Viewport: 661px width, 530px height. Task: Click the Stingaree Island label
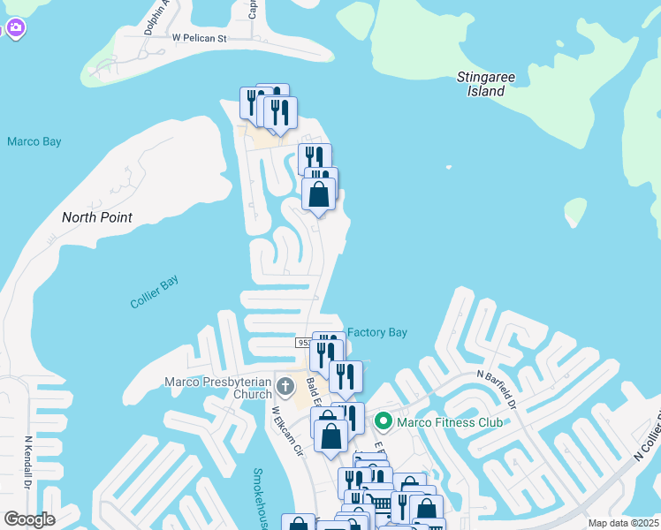[x=486, y=84]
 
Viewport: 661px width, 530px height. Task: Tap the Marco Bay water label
[x=34, y=141]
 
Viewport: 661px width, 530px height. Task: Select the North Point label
[x=97, y=217]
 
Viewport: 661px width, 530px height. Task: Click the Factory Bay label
[x=377, y=332]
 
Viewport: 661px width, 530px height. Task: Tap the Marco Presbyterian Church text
[x=218, y=388]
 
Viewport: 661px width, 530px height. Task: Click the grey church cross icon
[x=285, y=386]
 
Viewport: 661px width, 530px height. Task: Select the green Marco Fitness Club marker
[x=384, y=421]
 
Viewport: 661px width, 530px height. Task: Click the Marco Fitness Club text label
[x=450, y=422]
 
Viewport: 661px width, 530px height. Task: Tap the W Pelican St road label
[x=200, y=38]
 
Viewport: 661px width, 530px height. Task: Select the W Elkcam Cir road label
[x=287, y=430]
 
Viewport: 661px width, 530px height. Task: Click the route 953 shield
[x=304, y=343]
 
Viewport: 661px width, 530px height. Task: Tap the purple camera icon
[x=15, y=28]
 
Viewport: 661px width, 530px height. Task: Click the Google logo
[x=29, y=519]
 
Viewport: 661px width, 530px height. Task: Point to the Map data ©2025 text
[x=622, y=523]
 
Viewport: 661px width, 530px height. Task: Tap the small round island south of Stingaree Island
[x=575, y=211]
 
